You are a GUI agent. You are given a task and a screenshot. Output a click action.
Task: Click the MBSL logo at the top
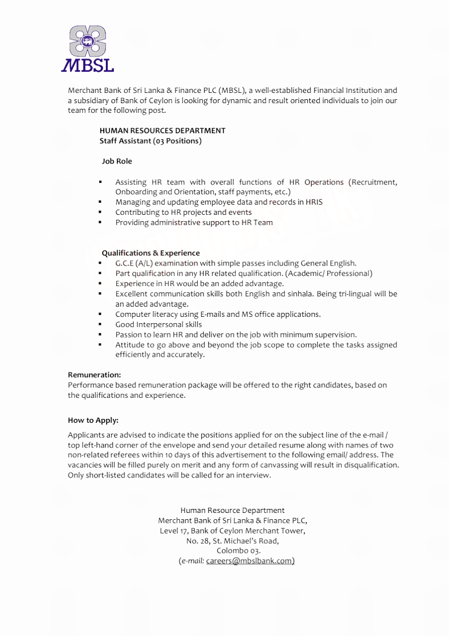[88, 48]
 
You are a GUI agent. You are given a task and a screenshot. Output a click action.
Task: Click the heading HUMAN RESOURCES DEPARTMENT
[162, 131]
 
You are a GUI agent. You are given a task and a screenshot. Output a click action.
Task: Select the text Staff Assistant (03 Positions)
[150, 141]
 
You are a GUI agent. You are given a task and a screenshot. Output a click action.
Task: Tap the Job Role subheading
[117, 161]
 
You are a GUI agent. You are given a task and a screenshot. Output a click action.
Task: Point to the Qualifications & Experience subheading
[150, 253]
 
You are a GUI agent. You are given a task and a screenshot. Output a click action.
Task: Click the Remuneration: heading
[95, 375]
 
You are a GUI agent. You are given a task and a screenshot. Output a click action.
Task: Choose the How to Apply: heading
[93, 421]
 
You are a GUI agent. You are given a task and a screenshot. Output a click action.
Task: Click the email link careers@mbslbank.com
[250, 561]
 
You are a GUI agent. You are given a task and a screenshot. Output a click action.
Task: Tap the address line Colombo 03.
[238, 551]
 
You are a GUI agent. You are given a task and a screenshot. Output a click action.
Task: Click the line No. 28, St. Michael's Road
[232, 541]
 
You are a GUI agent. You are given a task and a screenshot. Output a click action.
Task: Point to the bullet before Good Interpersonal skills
[100, 325]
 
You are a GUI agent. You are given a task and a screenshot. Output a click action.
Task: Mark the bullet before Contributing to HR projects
[100, 213]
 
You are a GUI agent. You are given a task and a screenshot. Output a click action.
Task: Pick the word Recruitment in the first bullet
[373, 182]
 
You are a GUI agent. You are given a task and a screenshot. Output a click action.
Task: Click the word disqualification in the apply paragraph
[371, 465]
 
